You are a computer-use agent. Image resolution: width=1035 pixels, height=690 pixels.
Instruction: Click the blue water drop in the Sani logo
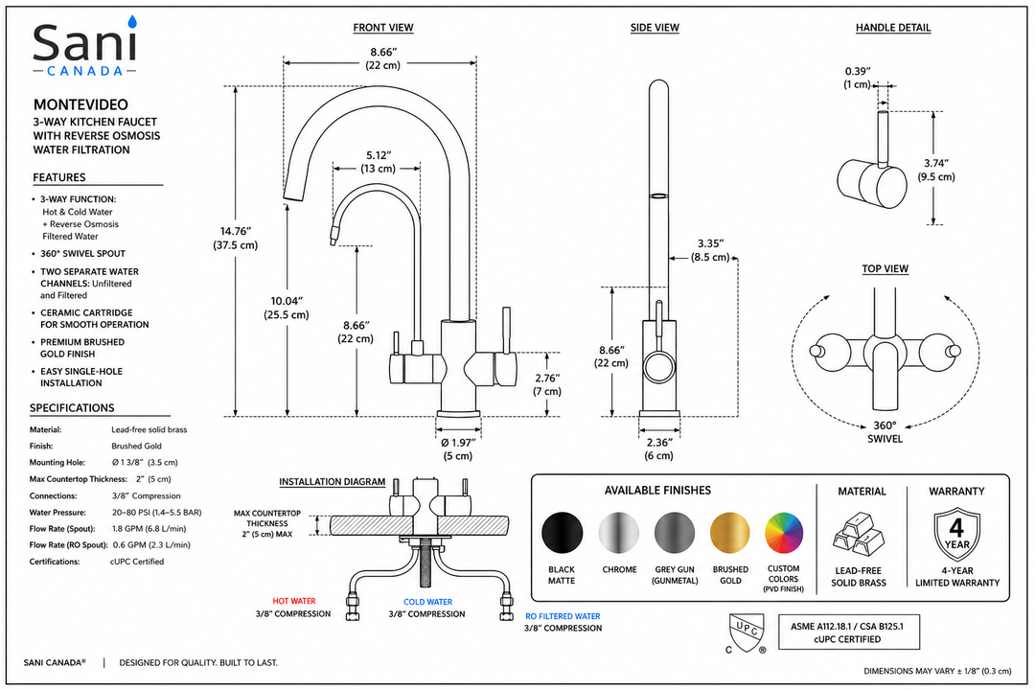pyautogui.click(x=132, y=22)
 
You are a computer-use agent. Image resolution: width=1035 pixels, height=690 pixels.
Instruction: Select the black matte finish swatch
pyautogui.click(x=563, y=533)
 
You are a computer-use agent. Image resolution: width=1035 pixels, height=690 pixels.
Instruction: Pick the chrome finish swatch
pyautogui.click(x=619, y=533)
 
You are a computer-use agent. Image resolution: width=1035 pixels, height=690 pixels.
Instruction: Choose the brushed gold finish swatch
pyautogui.click(x=730, y=533)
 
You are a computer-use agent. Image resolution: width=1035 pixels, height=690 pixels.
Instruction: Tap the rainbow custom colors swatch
pyautogui.click(x=784, y=533)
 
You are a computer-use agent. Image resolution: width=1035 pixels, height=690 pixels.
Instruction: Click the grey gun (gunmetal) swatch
pyautogui.click(x=675, y=533)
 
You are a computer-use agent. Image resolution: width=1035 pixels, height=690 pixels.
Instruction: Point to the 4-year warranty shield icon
pyautogui.click(x=957, y=535)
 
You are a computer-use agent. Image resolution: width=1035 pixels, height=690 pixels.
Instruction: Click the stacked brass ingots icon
pyautogui.click(x=858, y=534)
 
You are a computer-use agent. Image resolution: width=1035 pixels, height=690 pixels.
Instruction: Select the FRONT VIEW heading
pyautogui.click(x=382, y=28)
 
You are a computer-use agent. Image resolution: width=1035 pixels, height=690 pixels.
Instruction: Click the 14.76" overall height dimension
pyautogui.click(x=236, y=239)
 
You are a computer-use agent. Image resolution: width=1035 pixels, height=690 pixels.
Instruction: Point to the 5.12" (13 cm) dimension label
pyautogui.click(x=379, y=162)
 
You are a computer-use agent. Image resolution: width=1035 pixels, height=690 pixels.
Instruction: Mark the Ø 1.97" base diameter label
pyautogui.click(x=458, y=449)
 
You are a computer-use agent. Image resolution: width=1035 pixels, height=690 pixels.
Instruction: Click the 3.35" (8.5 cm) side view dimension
pyautogui.click(x=710, y=250)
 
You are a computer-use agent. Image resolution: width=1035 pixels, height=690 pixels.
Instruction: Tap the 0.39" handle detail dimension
pyautogui.click(x=858, y=78)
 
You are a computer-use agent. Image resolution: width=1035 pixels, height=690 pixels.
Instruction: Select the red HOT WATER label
pyautogui.click(x=294, y=601)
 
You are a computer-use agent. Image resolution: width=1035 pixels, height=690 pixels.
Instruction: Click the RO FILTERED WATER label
pyautogui.click(x=563, y=617)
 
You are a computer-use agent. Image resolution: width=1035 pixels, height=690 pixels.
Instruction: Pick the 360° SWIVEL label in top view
pyautogui.click(x=885, y=432)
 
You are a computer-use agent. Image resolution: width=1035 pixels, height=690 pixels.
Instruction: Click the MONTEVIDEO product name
pyautogui.click(x=81, y=104)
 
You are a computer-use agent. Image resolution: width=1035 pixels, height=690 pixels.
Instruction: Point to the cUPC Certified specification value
pyautogui.click(x=137, y=562)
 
